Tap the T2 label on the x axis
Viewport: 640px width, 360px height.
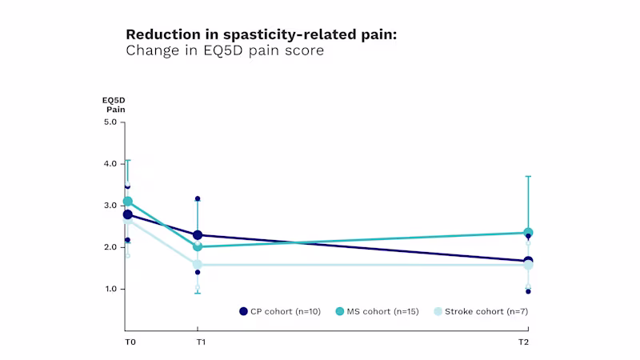pyautogui.click(x=523, y=342)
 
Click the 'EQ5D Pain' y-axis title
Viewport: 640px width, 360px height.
pyautogui.click(x=114, y=104)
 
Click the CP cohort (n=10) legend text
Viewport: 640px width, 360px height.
pyautogui.click(x=286, y=311)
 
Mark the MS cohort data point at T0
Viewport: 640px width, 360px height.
pyautogui.click(x=127, y=202)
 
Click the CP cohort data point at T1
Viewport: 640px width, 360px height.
pyautogui.click(x=198, y=235)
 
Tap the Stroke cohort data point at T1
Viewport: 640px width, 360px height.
pyautogui.click(x=198, y=264)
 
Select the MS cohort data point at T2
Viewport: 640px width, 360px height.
pyautogui.click(x=528, y=233)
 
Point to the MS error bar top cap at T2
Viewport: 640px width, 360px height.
pyautogui.click(x=528, y=176)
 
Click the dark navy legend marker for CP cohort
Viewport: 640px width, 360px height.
pyautogui.click(x=244, y=311)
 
